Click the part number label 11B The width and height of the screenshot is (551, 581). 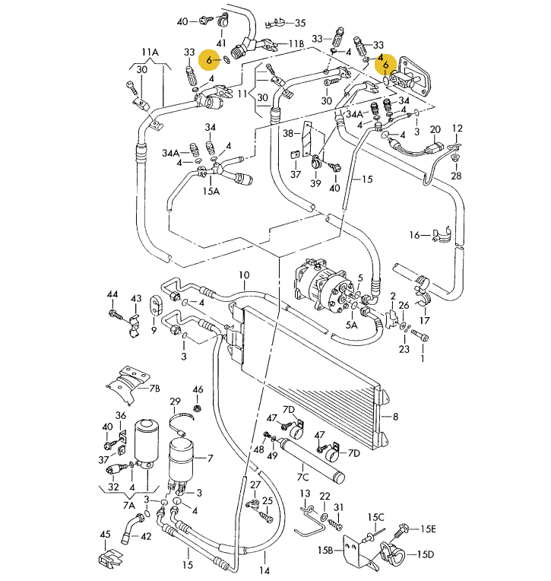[x=296, y=45]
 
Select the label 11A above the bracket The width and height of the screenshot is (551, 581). [x=150, y=52]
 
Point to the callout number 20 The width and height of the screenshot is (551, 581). [x=435, y=130]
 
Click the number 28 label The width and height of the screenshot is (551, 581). [x=455, y=176]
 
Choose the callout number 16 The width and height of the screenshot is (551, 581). [x=415, y=235]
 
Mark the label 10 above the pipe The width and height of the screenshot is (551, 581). [x=244, y=275]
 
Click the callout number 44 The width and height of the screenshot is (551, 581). [x=112, y=294]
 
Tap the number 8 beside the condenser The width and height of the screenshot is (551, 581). [x=395, y=416]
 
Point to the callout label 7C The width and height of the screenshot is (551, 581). [x=302, y=477]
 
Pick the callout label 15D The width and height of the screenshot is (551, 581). [x=424, y=554]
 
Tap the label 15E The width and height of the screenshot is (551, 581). [x=429, y=529]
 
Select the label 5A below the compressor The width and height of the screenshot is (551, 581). [x=351, y=324]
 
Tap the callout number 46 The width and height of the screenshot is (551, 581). [x=198, y=391]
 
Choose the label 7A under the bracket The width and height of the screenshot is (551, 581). [x=128, y=506]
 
